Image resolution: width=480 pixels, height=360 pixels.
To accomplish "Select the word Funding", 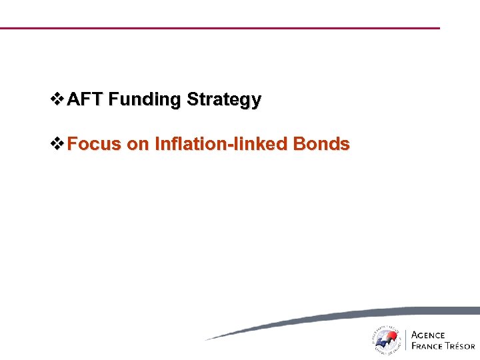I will tap(145, 100).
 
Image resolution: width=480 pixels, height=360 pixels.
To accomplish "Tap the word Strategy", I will tap(224, 101).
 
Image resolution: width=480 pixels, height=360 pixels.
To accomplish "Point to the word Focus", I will tap(94, 144).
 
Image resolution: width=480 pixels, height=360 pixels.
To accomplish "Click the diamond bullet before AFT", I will tap(58, 100).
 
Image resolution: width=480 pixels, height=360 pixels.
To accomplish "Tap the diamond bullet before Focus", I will tap(58, 144).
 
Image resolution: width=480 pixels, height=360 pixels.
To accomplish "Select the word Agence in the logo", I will tap(429, 335).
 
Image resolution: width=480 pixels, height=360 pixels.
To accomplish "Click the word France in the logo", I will tap(427, 346).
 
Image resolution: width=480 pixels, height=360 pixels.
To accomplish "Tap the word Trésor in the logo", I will tap(460, 346).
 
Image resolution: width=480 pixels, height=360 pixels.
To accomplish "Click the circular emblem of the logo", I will tap(386, 340).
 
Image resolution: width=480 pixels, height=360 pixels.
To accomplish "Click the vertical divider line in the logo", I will tap(406, 340).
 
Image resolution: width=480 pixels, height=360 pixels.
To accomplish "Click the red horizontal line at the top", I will tap(220, 28).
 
